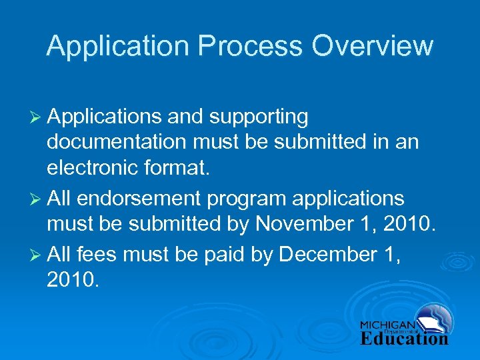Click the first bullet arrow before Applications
(x=37, y=117)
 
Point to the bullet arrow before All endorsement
(x=37, y=199)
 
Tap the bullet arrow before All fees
(x=37, y=255)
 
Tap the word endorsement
(x=139, y=199)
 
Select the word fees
(x=97, y=254)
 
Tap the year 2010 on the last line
(x=73, y=281)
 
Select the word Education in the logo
(x=405, y=338)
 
